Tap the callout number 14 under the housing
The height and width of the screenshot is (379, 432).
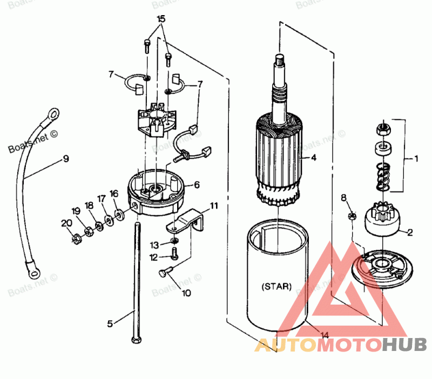[x=323, y=335]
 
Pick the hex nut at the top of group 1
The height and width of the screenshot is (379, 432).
[x=382, y=129]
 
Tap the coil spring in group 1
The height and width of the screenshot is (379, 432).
[x=382, y=175]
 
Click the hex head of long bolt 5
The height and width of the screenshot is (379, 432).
[x=134, y=340]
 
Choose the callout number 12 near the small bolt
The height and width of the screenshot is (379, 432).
[x=154, y=257]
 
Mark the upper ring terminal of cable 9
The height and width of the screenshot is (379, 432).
[x=52, y=114]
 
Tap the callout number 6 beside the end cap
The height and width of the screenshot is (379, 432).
[x=197, y=184]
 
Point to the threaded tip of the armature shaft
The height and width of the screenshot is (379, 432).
[x=279, y=60]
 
